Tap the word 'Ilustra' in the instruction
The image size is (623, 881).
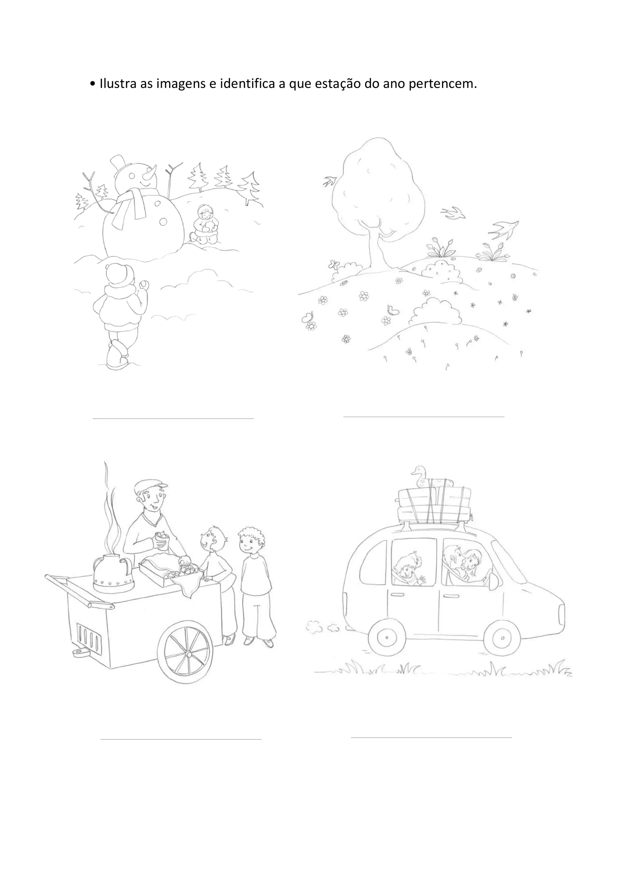[118, 84]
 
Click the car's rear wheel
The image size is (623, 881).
[387, 639]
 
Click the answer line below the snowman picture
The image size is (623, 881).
[173, 418]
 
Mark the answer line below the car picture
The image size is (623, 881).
[431, 737]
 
